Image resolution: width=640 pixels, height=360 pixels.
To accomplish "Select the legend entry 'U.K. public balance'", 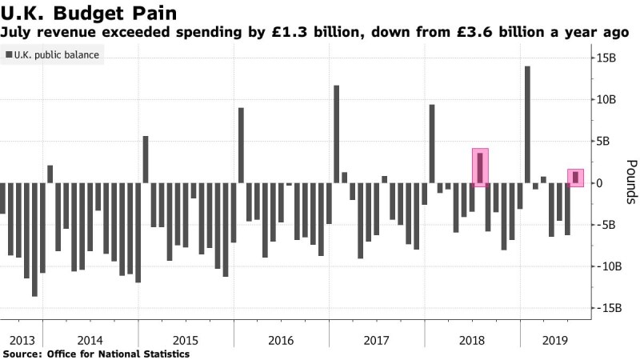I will (x=54, y=55).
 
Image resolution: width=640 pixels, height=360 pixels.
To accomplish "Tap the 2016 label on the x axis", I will (x=280, y=340).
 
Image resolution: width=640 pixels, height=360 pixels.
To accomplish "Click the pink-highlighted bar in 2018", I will (x=480, y=168).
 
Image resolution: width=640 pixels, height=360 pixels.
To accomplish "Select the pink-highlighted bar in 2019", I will (x=576, y=178).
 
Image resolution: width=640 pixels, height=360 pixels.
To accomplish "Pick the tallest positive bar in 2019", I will (x=528, y=124).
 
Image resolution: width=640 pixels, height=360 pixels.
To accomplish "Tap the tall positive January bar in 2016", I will (x=241, y=145).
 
